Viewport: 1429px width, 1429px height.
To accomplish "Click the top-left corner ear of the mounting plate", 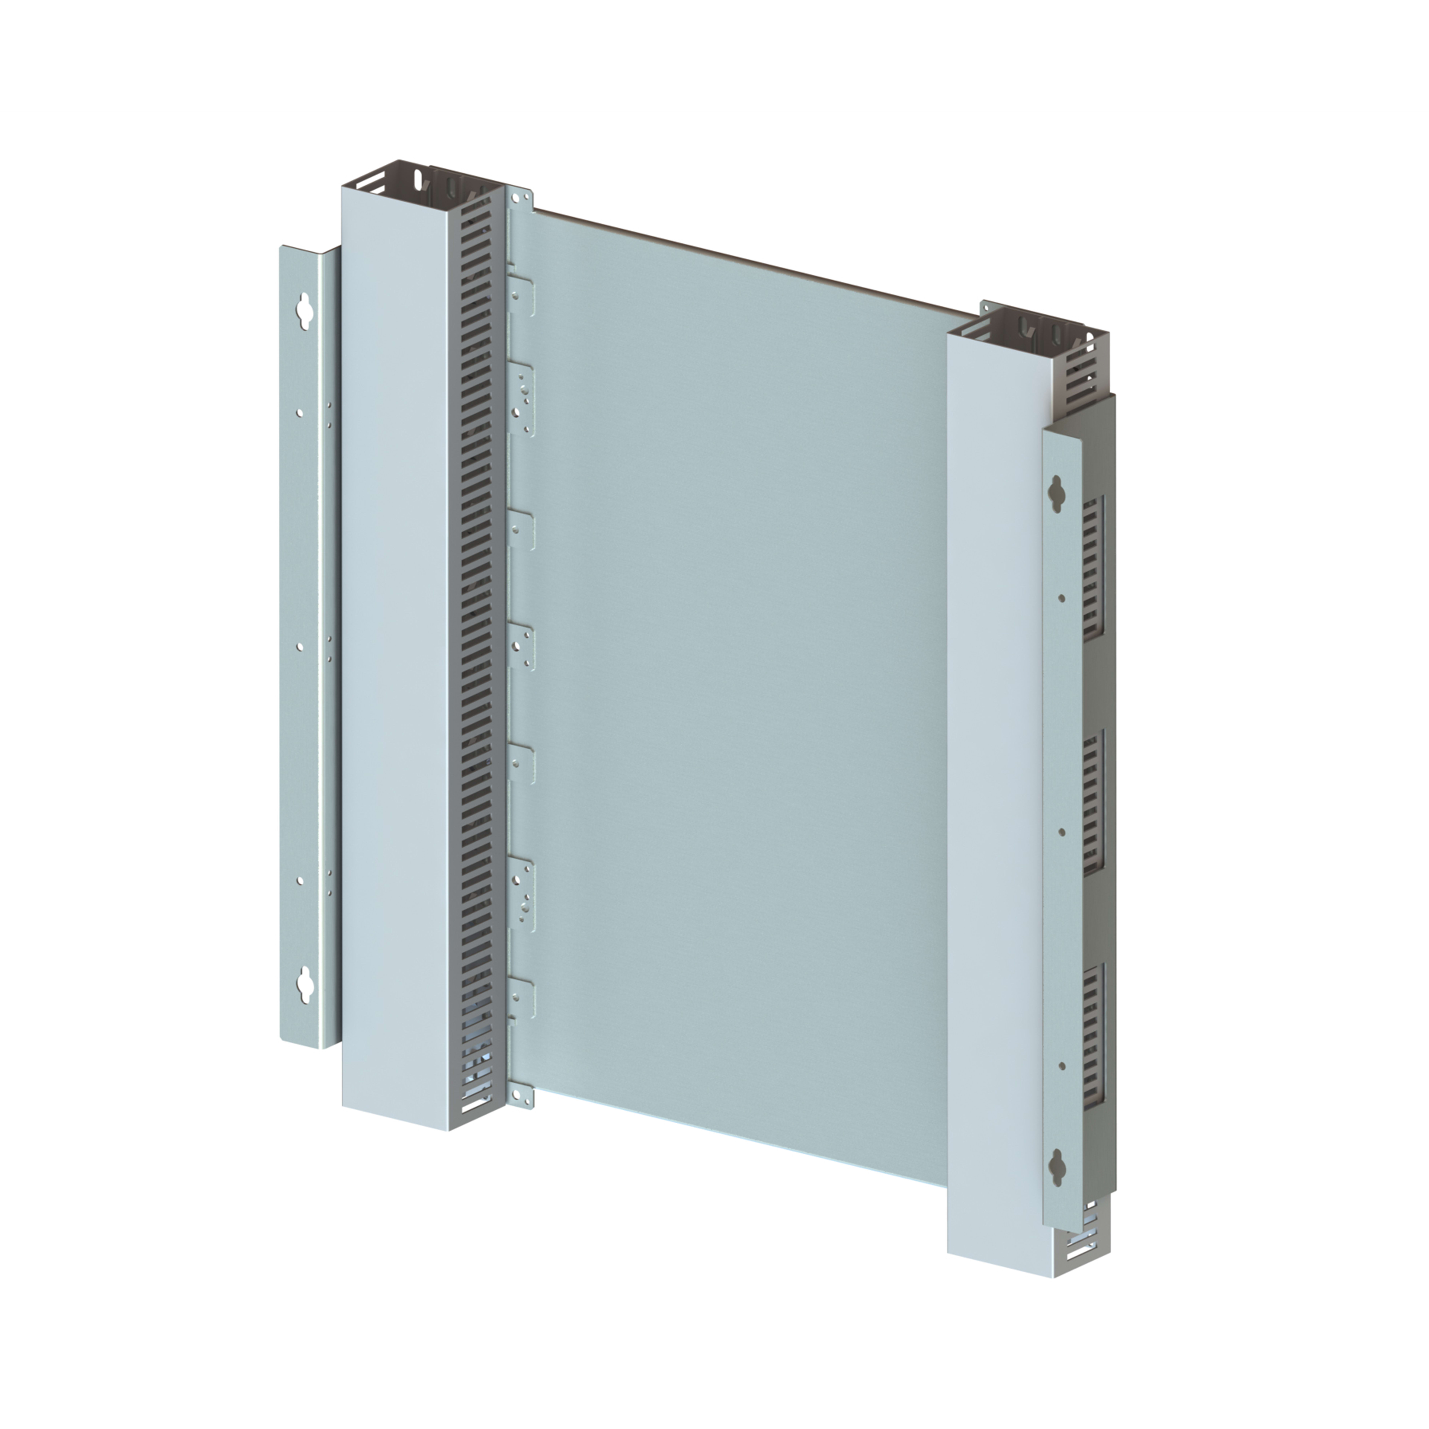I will [x=523, y=198].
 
